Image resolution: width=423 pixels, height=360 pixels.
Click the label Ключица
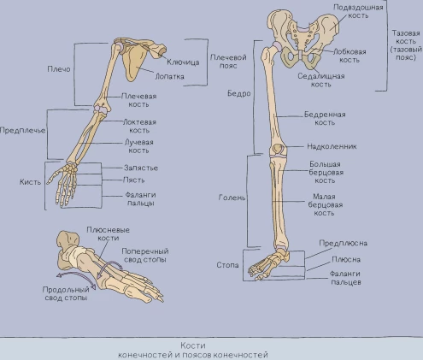coord(183,62)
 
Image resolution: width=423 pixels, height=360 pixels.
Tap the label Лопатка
coord(169,76)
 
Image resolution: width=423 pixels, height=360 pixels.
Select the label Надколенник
coord(332,146)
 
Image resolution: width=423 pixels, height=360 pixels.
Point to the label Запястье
coord(141,168)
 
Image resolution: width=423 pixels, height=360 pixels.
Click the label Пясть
coord(133,180)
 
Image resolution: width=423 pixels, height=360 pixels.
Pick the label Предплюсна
coord(343,243)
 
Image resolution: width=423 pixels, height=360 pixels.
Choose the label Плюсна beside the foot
coord(346,260)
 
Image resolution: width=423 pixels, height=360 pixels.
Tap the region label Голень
coord(232,198)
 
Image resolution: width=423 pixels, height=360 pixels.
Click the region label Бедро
coord(239,93)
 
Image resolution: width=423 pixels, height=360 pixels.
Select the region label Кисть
coord(30,182)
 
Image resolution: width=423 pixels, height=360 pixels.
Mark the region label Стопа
coord(227,265)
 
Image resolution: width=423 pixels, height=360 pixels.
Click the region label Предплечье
coord(22,131)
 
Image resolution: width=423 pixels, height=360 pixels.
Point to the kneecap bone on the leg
coord(277,149)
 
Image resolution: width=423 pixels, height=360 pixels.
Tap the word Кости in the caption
coord(193,345)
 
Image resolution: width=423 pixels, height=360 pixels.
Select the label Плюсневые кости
coord(108,233)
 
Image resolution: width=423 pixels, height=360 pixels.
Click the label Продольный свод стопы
coord(66,293)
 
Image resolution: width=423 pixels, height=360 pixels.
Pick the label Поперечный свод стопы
coord(145,256)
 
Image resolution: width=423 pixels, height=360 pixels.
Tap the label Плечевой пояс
coord(228,62)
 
